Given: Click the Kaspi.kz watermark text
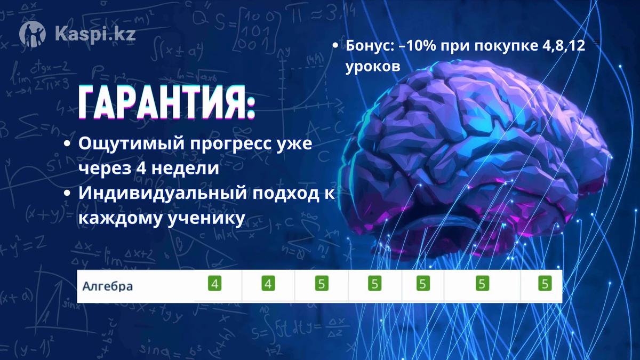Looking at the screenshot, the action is tap(95, 34).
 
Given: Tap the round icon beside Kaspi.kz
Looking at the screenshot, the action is tap(33, 34).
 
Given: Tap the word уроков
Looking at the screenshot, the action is tap(373, 67).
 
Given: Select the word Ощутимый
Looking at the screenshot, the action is tap(132, 143).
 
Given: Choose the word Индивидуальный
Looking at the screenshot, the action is tap(163, 194).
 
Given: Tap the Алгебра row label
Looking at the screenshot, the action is tap(107, 286).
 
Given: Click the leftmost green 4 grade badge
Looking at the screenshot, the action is tap(214, 284).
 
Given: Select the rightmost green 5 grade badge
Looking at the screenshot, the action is tap(545, 284).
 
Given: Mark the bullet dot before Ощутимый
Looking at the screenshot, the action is tap(67, 143).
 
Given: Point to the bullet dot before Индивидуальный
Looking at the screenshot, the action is tap(67, 194).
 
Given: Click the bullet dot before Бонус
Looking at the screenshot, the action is tap(335, 46).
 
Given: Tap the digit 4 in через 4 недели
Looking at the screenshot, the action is tap(141, 169).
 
